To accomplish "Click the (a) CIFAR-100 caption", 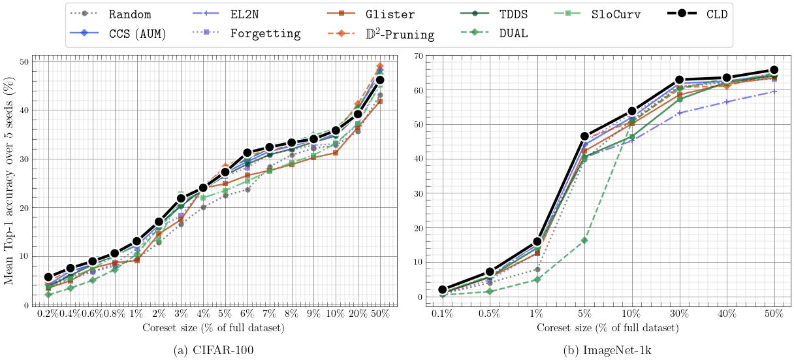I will pos(214,350).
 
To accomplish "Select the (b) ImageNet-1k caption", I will pos(607,350).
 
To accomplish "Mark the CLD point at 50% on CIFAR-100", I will pos(380,80).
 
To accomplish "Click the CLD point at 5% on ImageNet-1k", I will pos(584,137).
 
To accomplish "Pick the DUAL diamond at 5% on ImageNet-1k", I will pos(584,240).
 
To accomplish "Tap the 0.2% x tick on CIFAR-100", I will pos(48,314).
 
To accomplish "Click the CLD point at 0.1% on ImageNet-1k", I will pos(443,289).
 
